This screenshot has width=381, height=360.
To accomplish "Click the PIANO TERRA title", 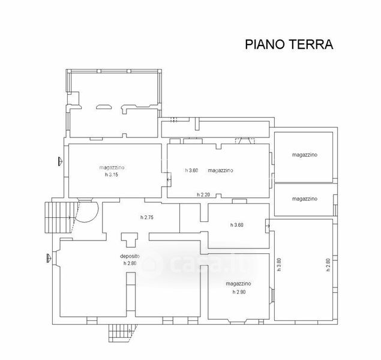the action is [289, 44].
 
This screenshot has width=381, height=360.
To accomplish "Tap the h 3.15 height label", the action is [112, 175].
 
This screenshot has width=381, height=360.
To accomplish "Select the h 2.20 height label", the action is [203, 194].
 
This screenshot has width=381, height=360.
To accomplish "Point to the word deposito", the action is [130, 256].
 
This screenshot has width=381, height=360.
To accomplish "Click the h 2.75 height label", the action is [147, 217].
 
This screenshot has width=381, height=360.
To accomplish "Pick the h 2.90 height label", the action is [239, 292].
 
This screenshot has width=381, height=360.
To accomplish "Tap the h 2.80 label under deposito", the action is [130, 263].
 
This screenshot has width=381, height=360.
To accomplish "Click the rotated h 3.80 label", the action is [279, 265].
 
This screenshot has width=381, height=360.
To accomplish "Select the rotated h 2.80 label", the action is [328, 265].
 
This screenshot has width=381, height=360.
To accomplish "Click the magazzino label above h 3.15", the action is [112, 167].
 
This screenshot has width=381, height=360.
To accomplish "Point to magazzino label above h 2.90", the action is [238, 284].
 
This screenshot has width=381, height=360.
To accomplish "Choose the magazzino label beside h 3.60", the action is [220, 170].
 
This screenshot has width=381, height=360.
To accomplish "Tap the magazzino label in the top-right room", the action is [305, 155].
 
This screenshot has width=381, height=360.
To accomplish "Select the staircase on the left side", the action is [60, 218].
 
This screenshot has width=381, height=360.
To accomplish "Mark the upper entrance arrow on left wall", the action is [60, 161].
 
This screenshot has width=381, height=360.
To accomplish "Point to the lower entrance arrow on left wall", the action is [49, 258].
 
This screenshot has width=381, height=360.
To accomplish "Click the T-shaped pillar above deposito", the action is [129, 239].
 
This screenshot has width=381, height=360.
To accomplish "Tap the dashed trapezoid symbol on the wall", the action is [245, 140].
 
